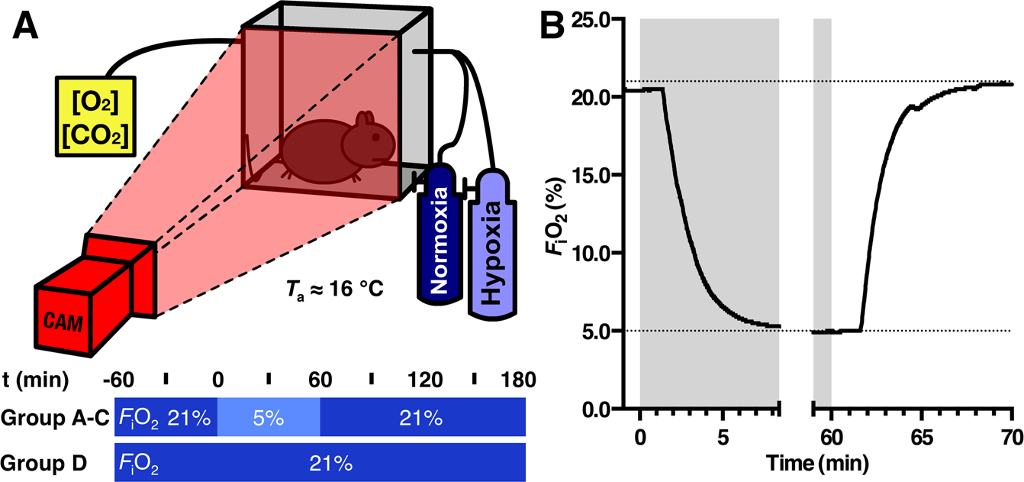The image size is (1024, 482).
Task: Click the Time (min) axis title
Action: [820, 463]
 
